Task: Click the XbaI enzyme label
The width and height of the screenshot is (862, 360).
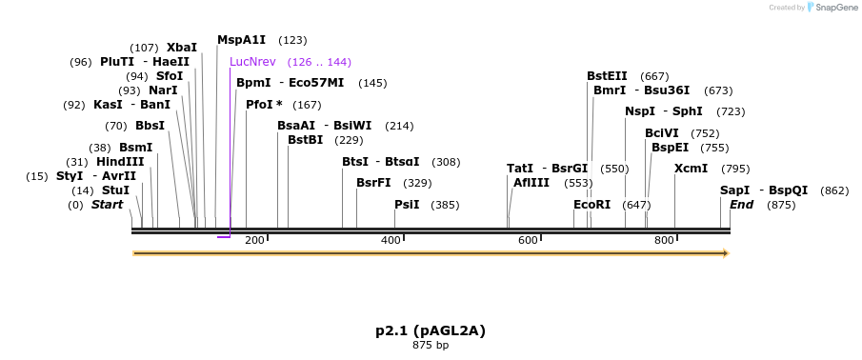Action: (182, 47)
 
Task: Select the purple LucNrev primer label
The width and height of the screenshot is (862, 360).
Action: (252, 62)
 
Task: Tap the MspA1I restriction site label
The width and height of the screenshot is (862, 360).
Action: (241, 40)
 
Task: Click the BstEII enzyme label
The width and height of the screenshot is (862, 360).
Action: (607, 76)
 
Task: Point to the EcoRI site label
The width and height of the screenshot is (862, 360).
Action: (591, 205)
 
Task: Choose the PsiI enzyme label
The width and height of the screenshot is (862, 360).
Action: (407, 205)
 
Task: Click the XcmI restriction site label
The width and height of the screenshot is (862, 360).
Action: (691, 169)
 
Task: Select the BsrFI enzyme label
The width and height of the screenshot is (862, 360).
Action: (373, 183)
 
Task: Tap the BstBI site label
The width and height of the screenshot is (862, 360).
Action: (305, 140)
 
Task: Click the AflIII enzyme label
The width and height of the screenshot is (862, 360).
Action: (531, 183)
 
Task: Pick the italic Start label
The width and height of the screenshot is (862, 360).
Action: (107, 205)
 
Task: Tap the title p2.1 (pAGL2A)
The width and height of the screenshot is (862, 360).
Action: (431, 330)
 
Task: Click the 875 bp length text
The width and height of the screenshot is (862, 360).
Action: (431, 345)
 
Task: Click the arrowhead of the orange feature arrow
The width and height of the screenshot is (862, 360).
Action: (726, 253)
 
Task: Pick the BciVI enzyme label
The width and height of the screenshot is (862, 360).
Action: (662, 133)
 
